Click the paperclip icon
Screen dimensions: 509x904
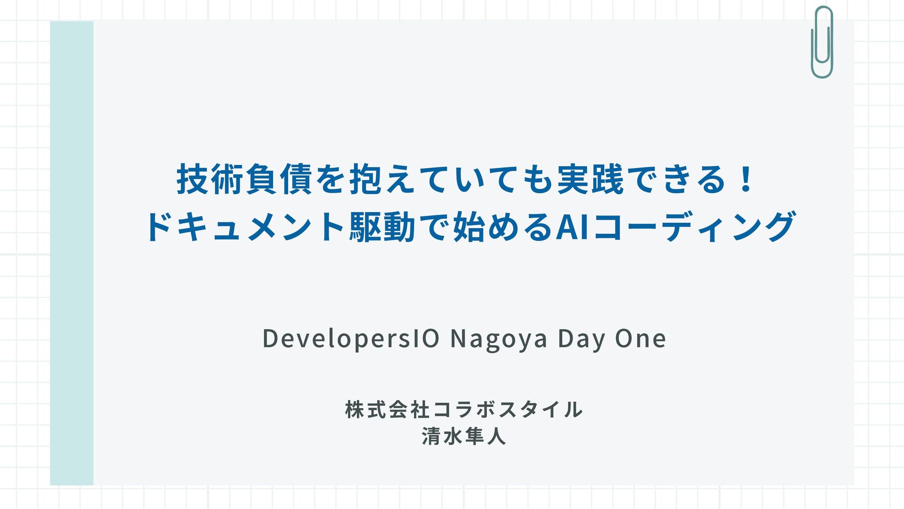coord(822,42)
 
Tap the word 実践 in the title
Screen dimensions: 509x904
coord(590,180)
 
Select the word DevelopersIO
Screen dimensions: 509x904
coord(351,339)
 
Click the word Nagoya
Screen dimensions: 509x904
coord(499,339)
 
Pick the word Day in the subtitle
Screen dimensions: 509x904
coord(581,339)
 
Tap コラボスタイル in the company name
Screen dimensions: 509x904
coord(508,410)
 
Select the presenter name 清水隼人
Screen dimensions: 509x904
coord(464,436)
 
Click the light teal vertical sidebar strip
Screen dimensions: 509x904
coord(72,253)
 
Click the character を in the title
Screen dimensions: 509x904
coord(331,180)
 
